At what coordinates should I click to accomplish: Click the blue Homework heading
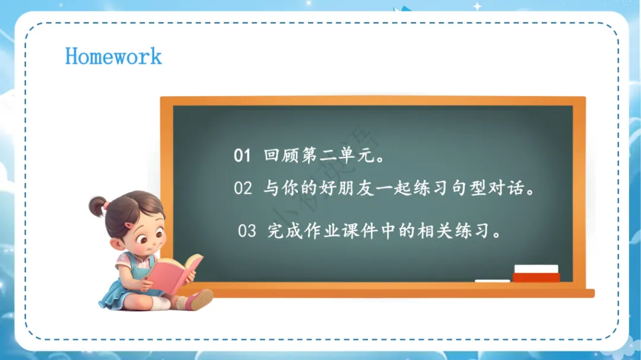(113, 56)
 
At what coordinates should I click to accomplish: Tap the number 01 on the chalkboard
(242, 156)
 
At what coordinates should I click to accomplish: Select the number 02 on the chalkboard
(243, 189)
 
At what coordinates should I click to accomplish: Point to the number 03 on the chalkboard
(247, 231)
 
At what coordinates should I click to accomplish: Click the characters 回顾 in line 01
(281, 155)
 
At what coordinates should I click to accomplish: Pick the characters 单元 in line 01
(357, 155)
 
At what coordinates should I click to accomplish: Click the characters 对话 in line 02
(507, 188)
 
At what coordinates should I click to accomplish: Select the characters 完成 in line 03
(284, 231)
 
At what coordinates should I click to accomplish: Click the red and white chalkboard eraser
(536, 273)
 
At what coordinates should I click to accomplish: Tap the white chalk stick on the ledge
(492, 281)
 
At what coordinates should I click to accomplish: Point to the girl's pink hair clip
(129, 225)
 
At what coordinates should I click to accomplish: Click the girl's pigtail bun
(97, 206)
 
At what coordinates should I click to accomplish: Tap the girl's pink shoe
(199, 300)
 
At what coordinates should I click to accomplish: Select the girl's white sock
(160, 303)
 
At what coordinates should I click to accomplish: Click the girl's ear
(117, 244)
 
